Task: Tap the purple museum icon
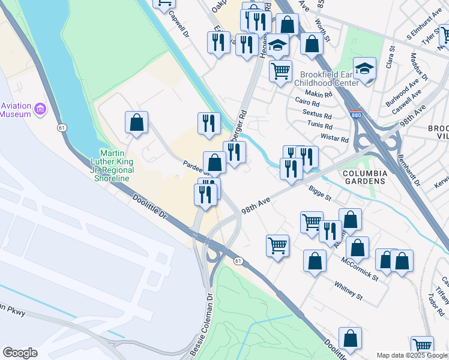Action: (40, 109)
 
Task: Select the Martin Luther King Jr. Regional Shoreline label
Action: (116, 166)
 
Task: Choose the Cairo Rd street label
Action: (306, 103)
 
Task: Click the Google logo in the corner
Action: (20, 353)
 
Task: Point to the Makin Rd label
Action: (318, 94)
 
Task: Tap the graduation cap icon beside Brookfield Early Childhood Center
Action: (364, 70)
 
